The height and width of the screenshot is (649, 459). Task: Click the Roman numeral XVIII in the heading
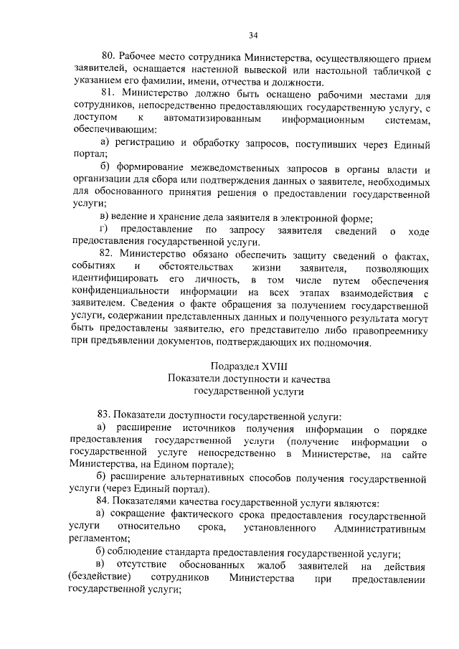click(268, 366)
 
